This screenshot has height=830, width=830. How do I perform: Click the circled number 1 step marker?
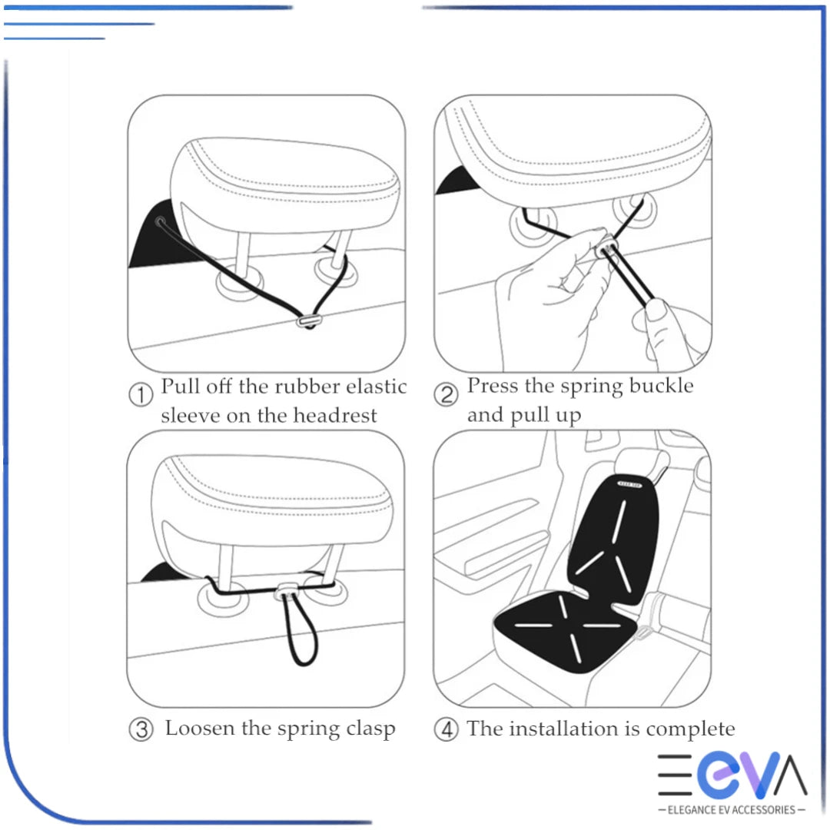tap(140, 396)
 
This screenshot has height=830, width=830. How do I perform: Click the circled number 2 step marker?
tap(447, 396)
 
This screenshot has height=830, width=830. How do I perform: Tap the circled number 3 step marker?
tap(140, 729)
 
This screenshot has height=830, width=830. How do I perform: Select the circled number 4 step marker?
tap(446, 729)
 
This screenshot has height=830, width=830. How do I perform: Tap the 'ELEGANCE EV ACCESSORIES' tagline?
tap(732, 809)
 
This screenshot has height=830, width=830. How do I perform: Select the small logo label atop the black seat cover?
tap(632, 485)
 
